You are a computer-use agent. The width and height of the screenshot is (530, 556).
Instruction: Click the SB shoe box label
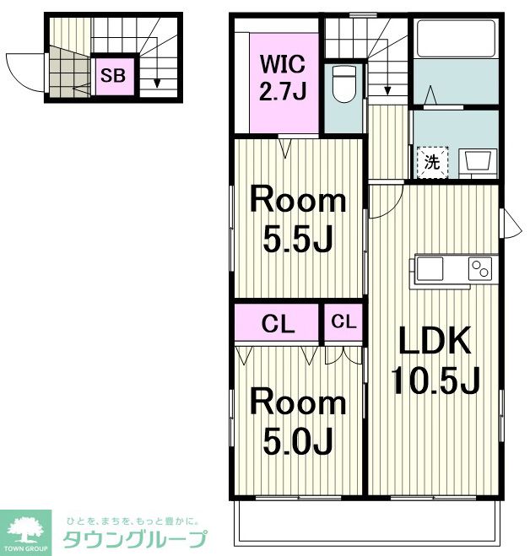pyautogui.click(x=113, y=75)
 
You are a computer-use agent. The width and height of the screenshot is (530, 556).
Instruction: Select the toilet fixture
pyautogui.click(x=343, y=84)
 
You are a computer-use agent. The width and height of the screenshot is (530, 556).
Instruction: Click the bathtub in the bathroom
pyautogui.click(x=456, y=38)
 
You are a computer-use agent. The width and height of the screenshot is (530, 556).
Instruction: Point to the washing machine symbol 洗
pyautogui.click(x=432, y=162)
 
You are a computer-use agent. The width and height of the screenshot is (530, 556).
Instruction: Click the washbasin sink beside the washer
pyautogui.click(x=478, y=162)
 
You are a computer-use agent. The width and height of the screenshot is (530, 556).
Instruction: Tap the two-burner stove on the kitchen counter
pyautogui.click(x=480, y=269)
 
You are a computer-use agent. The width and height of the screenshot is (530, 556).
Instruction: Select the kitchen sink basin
pyautogui.click(x=430, y=268)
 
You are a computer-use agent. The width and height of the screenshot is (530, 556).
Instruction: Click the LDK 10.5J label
pyautogui.click(x=435, y=360)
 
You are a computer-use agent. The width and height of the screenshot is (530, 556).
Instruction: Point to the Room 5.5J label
pyautogui.click(x=298, y=221)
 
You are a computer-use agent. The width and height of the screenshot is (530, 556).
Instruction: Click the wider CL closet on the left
pyautogui.click(x=279, y=324)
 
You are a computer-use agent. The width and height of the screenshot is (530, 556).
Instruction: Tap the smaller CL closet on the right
pyautogui.click(x=343, y=321)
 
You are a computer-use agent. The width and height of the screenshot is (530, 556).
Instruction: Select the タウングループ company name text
pyautogui.click(x=135, y=539)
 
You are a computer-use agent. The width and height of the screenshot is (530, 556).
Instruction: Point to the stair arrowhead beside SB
pyautogui.click(x=157, y=84)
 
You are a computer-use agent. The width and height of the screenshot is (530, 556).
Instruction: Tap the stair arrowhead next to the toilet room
pyautogui.click(x=387, y=91)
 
